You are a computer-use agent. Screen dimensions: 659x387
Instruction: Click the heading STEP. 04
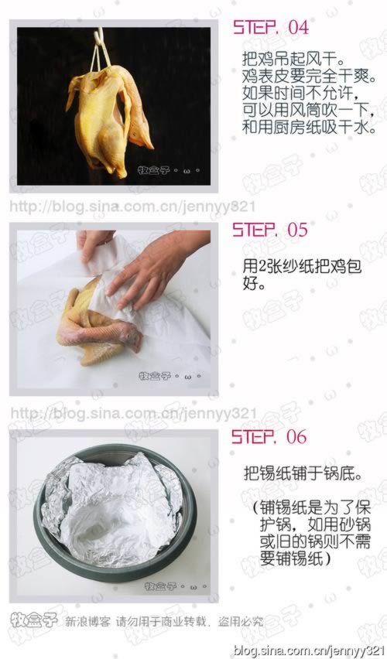click(x=271, y=27)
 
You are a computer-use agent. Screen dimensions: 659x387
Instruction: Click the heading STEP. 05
click(x=270, y=230)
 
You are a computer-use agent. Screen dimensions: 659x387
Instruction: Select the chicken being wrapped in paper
click(x=97, y=321)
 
